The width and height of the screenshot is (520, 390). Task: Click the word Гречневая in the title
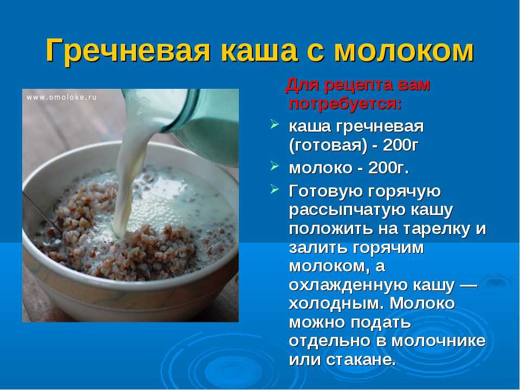tap(128, 50)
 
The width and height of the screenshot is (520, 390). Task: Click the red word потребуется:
tap(345, 104)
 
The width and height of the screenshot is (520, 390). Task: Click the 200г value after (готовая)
tap(400, 145)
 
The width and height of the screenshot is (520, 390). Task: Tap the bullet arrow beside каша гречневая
tap(274, 125)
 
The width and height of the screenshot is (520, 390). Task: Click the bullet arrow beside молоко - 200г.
tap(274, 166)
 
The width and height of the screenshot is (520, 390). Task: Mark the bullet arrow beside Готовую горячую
tap(274, 190)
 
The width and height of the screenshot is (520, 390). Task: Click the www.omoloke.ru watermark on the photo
tap(62, 97)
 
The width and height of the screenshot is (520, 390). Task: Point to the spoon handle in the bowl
tap(42, 212)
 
